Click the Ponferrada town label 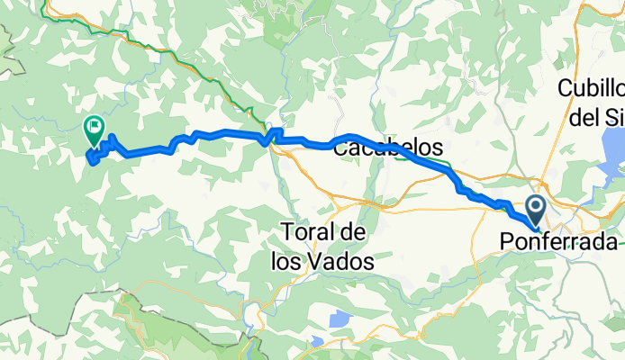click(x=559, y=243)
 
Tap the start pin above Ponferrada click(x=535, y=211)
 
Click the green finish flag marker click(x=94, y=130)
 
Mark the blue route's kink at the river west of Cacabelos click(x=267, y=137)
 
